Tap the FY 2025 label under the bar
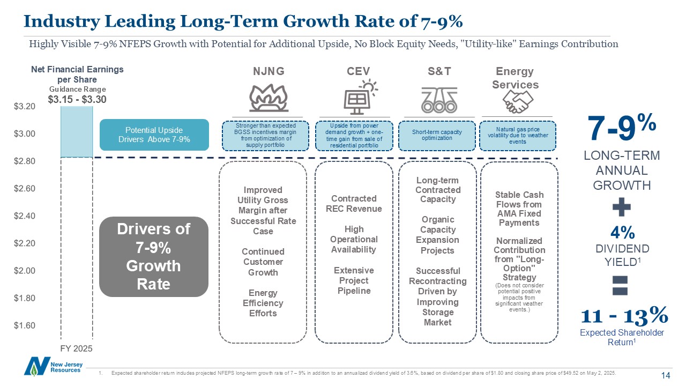point(76,348)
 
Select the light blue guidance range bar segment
point(77,132)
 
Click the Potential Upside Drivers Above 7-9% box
point(154,135)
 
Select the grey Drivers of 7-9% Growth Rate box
point(154,256)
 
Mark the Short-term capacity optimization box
point(437,135)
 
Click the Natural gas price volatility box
point(518,135)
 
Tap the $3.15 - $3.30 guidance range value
point(77,99)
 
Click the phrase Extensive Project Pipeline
point(354,280)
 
